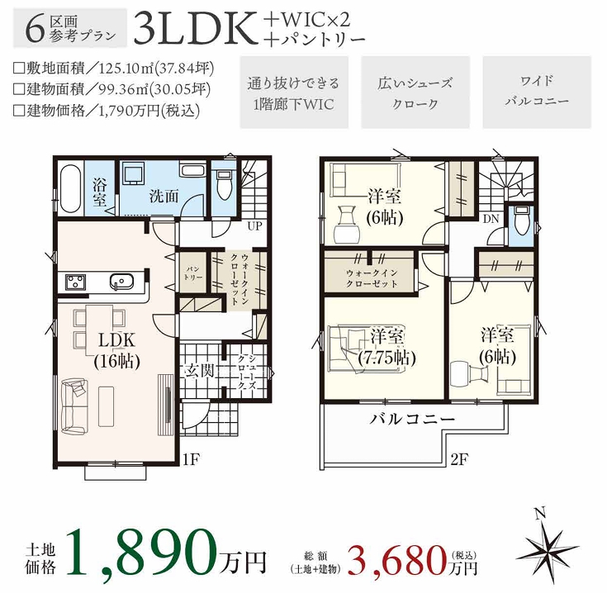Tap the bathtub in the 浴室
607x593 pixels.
pos(70,188)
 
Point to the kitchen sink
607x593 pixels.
pos(121,282)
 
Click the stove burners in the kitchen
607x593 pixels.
pos(75,282)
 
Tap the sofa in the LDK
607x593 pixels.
pos(74,406)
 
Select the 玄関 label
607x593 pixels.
pos(199,371)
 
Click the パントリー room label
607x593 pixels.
pos(193,273)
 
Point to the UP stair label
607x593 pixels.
pos(254,226)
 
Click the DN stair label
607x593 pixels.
pos(491,219)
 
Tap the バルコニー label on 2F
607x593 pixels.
pos(413,419)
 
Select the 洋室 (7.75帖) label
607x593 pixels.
pos(387,347)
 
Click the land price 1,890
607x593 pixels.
pos(141,553)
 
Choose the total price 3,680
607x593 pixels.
pos(397,560)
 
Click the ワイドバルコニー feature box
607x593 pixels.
pos(537,92)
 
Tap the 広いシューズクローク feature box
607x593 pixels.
pos(415,92)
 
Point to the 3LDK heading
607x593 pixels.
pos(196,28)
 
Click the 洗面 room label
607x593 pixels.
pos(164,197)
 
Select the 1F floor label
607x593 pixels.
pos(191,459)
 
